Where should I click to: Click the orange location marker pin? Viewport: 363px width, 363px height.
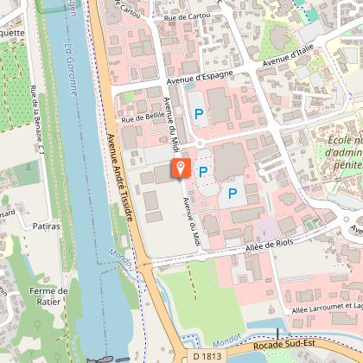[x=181, y=167]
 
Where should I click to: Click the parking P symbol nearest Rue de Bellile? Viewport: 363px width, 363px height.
[x=199, y=113]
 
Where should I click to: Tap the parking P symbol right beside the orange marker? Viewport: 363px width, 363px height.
[x=203, y=172]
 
